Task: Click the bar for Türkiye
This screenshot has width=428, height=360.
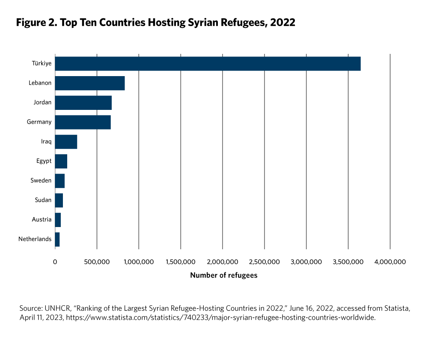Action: point(208,64)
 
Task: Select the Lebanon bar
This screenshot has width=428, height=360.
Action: point(90,83)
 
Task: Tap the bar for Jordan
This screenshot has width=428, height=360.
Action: point(83,103)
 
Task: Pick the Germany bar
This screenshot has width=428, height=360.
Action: point(83,122)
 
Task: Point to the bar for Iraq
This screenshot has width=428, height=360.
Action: point(66,142)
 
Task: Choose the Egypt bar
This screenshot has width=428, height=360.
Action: point(61,161)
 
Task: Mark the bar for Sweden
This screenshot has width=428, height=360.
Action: point(60,181)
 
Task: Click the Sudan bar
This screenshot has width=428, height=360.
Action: point(59,200)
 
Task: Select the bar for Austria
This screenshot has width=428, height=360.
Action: point(58,220)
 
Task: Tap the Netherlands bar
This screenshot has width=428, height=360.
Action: point(57,239)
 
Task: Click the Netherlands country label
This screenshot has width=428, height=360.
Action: point(35,239)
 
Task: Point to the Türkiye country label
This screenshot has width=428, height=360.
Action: point(42,64)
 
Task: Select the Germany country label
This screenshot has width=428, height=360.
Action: point(39,122)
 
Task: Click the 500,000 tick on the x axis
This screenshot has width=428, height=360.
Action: point(97,262)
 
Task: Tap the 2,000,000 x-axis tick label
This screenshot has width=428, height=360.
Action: point(223,262)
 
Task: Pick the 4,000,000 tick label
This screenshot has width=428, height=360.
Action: point(390,262)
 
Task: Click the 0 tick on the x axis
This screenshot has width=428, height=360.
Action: point(55,262)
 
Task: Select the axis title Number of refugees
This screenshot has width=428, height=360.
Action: point(224,275)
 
